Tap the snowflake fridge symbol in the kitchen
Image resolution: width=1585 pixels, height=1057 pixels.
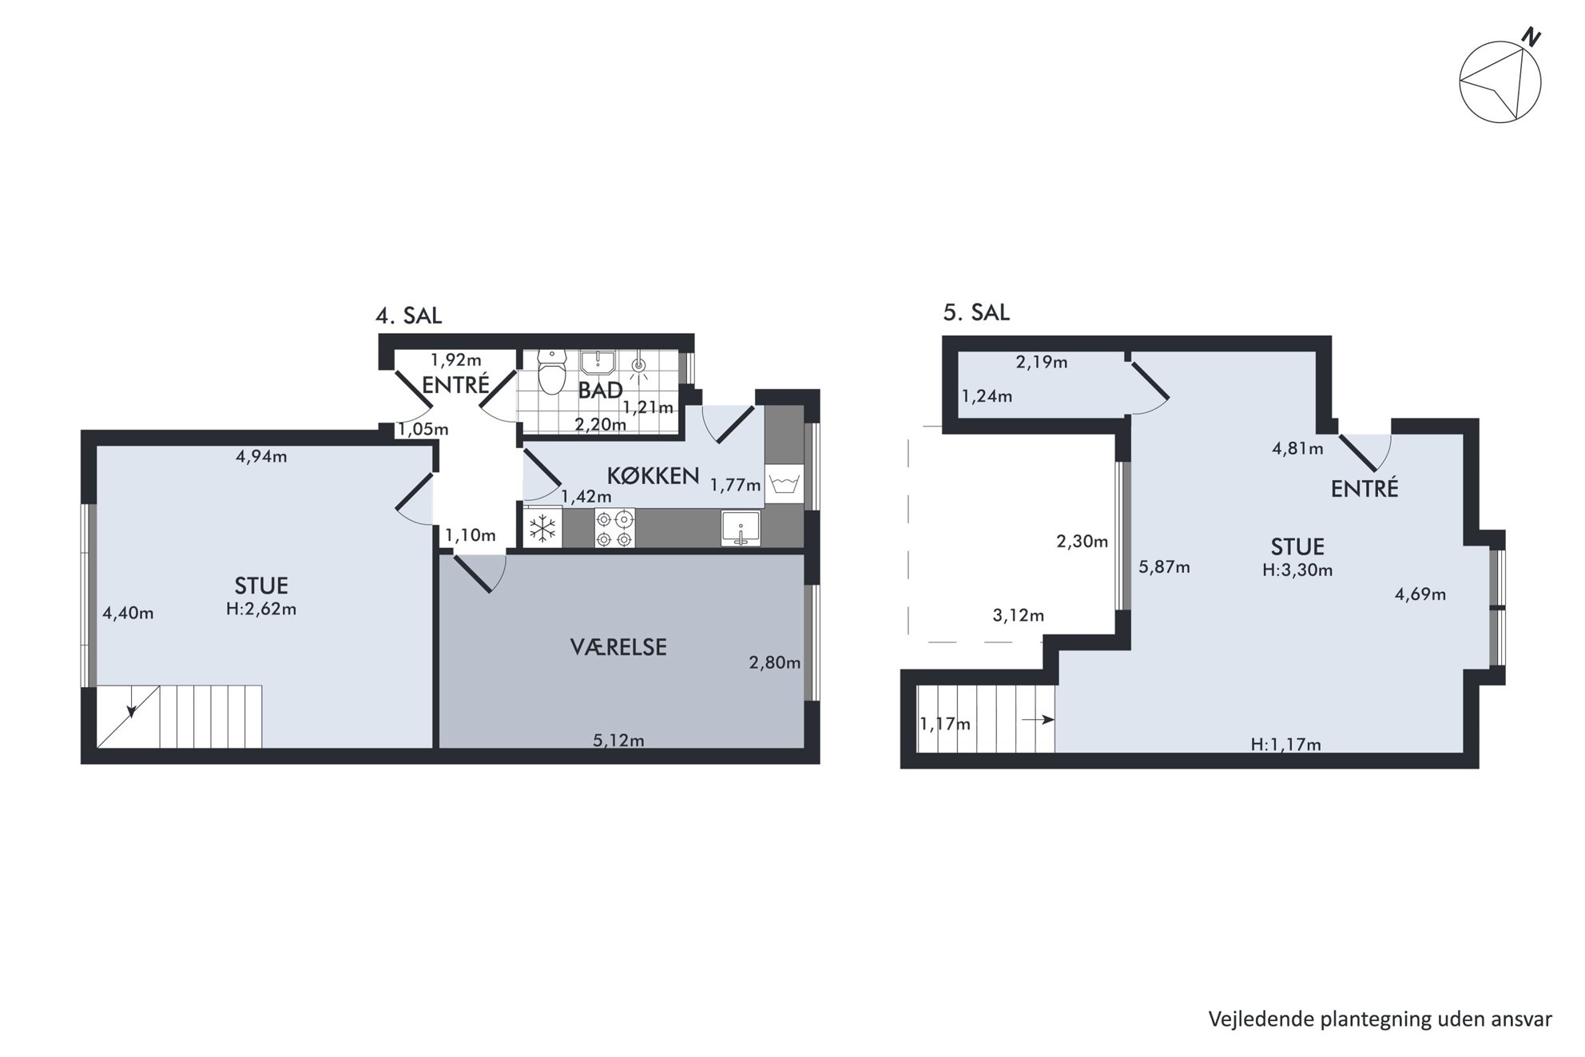(x=543, y=528)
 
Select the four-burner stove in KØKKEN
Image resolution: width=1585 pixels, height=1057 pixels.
(x=615, y=528)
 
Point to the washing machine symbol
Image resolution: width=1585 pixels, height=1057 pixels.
(x=784, y=484)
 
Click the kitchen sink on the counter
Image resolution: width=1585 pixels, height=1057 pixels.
(x=741, y=528)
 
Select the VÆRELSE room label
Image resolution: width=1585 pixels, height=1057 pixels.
(x=618, y=647)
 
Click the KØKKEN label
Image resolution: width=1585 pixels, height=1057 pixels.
(x=653, y=476)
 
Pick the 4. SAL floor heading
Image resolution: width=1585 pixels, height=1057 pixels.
(x=408, y=316)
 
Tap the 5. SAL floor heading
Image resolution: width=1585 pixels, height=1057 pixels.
(x=976, y=312)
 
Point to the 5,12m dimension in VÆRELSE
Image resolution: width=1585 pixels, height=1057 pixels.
(x=618, y=741)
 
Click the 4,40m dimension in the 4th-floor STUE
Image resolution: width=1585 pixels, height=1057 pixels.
(x=128, y=614)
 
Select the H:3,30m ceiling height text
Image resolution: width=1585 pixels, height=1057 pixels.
(x=1297, y=570)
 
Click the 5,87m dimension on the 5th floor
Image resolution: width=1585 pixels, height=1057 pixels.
(x=1164, y=567)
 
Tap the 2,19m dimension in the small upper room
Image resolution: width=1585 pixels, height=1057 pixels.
(x=1042, y=362)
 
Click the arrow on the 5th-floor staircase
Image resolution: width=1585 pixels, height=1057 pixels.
(x=1038, y=720)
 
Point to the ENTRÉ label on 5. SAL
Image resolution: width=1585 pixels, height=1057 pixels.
(x=1365, y=489)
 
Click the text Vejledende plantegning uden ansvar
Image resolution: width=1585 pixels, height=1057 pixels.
(x=1380, y=1019)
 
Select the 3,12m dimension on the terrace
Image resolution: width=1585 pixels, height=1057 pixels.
(x=1019, y=615)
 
